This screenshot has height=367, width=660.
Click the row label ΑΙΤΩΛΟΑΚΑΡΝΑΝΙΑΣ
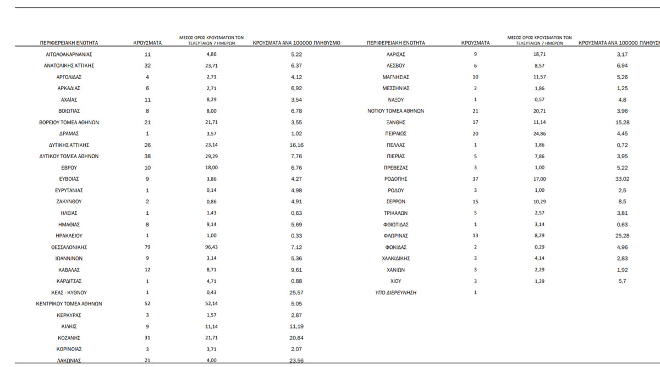click(x=69, y=54)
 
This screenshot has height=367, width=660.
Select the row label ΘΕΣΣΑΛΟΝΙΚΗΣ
click(x=69, y=247)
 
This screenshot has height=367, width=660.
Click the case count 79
click(x=147, y=247)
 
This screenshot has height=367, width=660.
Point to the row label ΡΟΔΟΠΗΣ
click(x=395, y=179)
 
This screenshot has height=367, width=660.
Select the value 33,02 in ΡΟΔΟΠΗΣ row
click(x=622, y=179)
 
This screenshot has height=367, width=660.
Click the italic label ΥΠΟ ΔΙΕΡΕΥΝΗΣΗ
click(x=395, y=293)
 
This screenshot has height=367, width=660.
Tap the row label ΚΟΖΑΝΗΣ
click(x=69, y=338)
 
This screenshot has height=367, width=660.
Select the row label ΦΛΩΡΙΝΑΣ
click(x=395, y=236)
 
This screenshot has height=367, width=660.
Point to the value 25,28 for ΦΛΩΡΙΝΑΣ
click(x=622, y=236)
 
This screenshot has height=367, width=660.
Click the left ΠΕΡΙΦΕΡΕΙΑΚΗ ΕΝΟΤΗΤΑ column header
click(x=69, y=42)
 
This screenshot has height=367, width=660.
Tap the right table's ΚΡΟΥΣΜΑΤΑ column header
click(x=475, y=42)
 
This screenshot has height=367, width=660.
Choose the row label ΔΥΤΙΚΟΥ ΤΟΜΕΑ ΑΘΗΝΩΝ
click(x=69, y=156)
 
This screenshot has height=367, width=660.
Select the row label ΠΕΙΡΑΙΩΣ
click(x=395, y=134)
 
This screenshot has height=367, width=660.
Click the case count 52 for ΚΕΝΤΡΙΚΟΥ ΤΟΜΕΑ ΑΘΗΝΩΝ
click(x=147, y=304)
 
